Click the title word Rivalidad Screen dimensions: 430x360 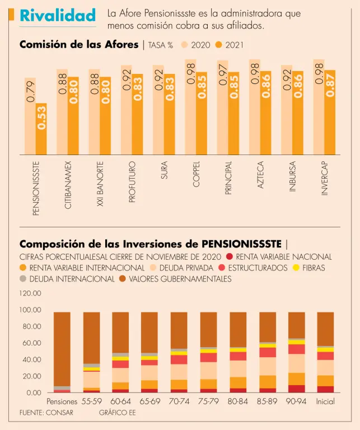(57, 16)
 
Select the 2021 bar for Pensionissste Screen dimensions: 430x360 (41, 128)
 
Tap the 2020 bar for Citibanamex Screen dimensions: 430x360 (62, 111)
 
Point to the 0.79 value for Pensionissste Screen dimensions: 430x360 (30, 91)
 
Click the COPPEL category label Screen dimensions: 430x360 (196, 175)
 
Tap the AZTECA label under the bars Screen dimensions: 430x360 (260, 175)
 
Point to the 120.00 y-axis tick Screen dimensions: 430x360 (31, 293)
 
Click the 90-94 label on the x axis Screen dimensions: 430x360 (296, 402)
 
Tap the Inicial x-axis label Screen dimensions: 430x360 (325, 402)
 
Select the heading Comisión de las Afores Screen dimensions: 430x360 (79, 44)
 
